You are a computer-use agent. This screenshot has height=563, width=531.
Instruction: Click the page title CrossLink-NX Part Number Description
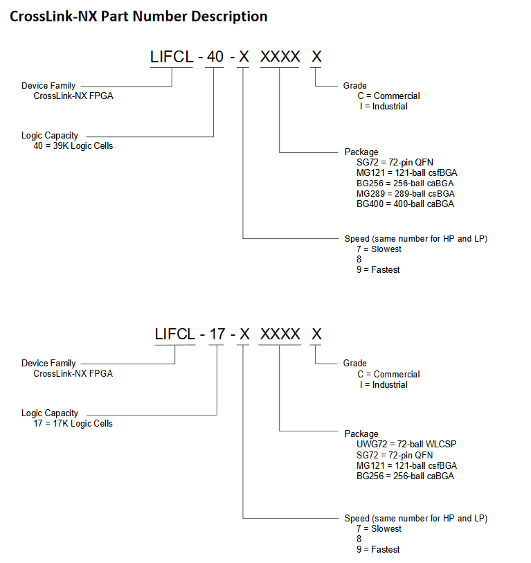[138, 16]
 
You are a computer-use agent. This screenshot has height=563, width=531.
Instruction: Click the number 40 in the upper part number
[215, 57]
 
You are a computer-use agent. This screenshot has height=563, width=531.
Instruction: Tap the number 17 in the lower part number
[217, 334]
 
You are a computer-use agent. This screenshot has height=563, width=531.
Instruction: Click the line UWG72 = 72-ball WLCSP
[406, 444]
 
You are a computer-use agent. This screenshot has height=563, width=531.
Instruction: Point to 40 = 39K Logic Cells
[73, 146]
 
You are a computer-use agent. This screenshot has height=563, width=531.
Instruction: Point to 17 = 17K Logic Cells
[73, 423]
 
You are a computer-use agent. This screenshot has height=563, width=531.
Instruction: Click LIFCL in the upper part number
[172, 57]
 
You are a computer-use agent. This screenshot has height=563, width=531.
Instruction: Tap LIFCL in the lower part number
[175, 334]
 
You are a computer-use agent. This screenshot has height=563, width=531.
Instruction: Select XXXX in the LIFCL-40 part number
[280, 57]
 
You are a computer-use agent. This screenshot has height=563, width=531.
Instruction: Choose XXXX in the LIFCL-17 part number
[280, 334]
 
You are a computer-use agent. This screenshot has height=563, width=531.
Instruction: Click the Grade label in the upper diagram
[355, 86]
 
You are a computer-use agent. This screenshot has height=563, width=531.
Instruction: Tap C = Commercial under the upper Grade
[388, 96]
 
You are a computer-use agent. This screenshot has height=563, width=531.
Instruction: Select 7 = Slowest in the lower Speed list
[379, 528]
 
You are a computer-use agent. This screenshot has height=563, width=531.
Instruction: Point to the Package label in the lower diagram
[361, 434]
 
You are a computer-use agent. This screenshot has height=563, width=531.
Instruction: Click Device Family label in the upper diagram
[48, 86]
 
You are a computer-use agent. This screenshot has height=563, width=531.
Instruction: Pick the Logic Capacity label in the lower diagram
[50, 413]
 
